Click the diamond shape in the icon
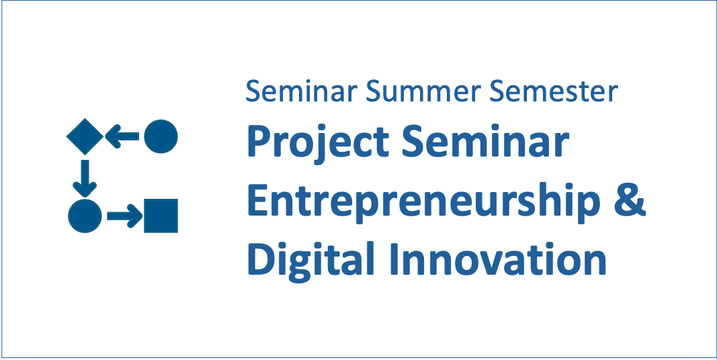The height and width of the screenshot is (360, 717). coord(85,136)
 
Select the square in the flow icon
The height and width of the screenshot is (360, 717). coord(161,216)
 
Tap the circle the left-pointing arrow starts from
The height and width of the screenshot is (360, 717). coord(161,136)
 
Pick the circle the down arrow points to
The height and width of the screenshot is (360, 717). coord(85,216)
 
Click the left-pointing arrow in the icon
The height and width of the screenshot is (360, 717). coord(122,136)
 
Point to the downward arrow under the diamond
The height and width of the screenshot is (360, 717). coord(85,179)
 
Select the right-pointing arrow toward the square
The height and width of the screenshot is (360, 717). coord(125,216)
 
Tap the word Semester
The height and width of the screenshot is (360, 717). coord(553,91)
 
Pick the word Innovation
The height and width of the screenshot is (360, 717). coord(498,259)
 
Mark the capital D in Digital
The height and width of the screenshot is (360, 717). coord(261,259)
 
